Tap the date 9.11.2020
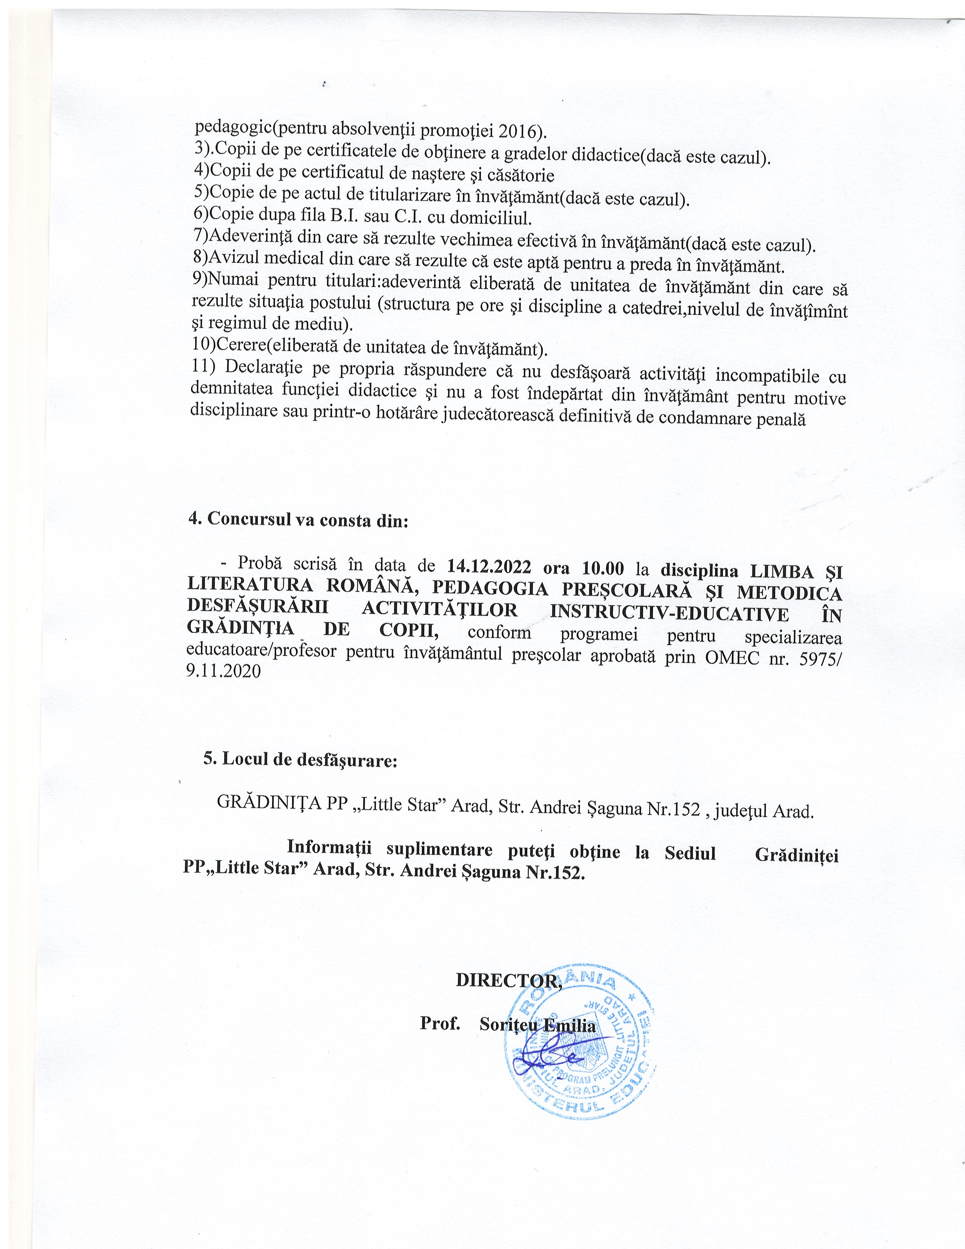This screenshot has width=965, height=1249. point(224,671)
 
